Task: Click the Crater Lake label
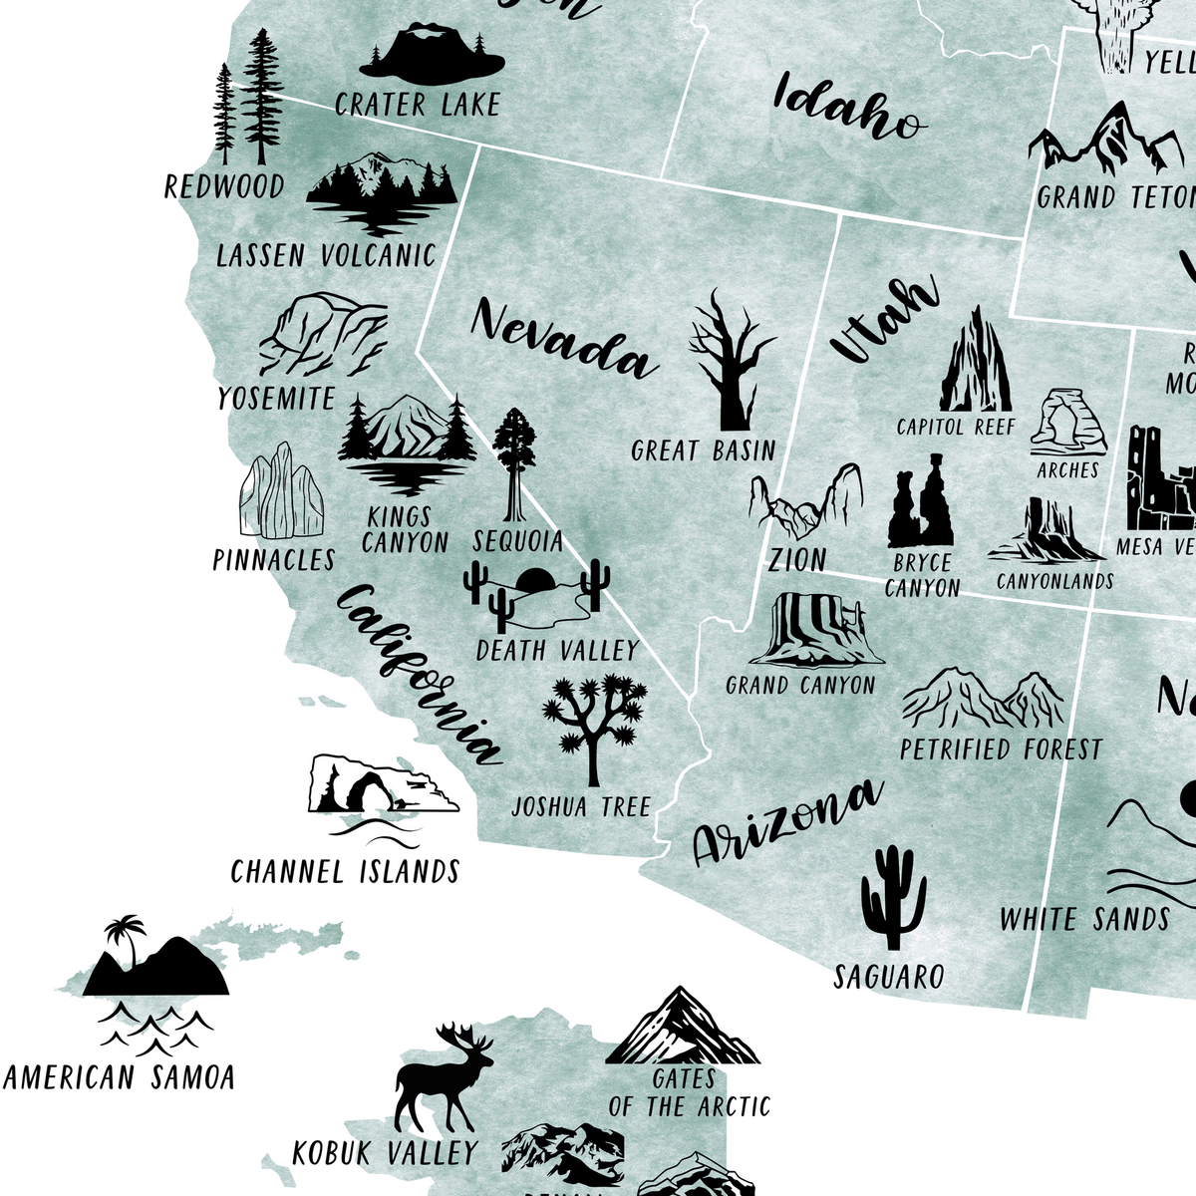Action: (x=417, y=105)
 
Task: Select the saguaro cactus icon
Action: (x=893, y=898)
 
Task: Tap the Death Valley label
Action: (x=556, y=651)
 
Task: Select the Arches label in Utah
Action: (x=1067, y=469)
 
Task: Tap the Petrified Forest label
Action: (x=1001, y=748)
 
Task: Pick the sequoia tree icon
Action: (x=514, y=464)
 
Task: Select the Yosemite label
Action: (x=276, y=399)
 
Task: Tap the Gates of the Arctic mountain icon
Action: (x=682, y=1027)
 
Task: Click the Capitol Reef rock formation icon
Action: (x=974, y=361)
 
